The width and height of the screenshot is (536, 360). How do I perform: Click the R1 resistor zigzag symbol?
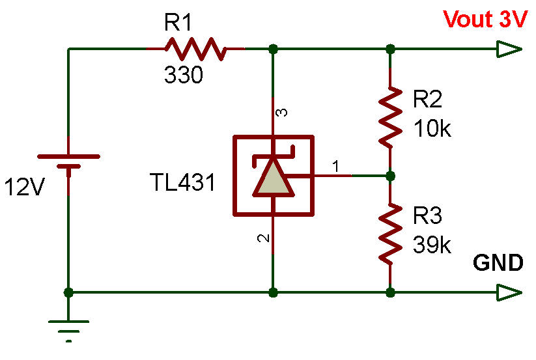pos(195,49)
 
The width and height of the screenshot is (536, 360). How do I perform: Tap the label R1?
pos(179,24)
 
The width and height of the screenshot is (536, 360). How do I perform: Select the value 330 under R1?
pos(183,76)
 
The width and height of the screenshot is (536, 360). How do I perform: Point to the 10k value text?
pos(432,128)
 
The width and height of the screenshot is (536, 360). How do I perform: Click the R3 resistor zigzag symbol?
pos(390,233)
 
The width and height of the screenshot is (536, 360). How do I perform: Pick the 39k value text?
pos(432,245)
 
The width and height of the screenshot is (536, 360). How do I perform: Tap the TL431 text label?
pos(182,183)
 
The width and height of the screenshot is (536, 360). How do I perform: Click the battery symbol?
pos(68,162)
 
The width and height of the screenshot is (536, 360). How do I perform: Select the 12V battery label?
pos(25,187)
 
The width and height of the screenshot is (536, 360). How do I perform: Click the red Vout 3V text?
pos(485,20)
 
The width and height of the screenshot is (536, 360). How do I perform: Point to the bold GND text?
pos(498,263)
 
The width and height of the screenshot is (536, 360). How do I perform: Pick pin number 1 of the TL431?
pos(336,167)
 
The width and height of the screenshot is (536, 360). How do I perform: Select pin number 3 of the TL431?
pos(282,113)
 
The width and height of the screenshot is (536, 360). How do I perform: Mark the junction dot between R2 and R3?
pos(390,176)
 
